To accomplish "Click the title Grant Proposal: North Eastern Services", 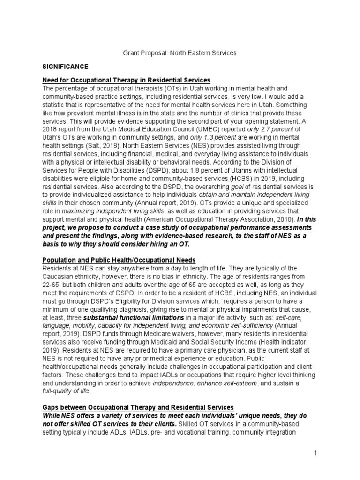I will point(180,53).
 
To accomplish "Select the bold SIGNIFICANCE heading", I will point(65,67).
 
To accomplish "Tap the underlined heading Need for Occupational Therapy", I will point(126,81).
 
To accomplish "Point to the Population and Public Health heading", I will point(119,260).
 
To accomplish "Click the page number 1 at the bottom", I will point(316,453).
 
